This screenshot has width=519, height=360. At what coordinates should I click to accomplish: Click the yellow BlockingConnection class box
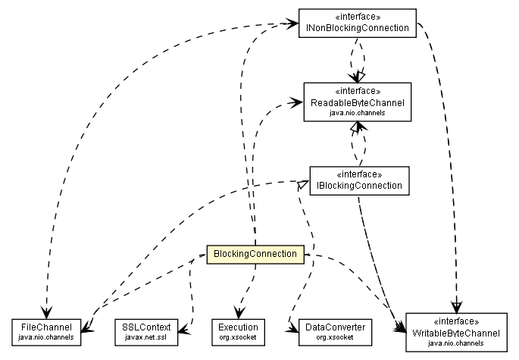click(255, 253)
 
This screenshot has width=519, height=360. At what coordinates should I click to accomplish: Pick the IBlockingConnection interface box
click(355, 179)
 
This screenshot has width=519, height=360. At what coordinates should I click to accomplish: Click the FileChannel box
click(47, 330)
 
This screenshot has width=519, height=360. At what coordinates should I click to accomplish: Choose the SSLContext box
click(147, 330)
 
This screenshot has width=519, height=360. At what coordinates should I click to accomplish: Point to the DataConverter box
click(330, 330)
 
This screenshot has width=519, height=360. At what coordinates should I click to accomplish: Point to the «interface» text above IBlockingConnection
click(355, 173)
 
